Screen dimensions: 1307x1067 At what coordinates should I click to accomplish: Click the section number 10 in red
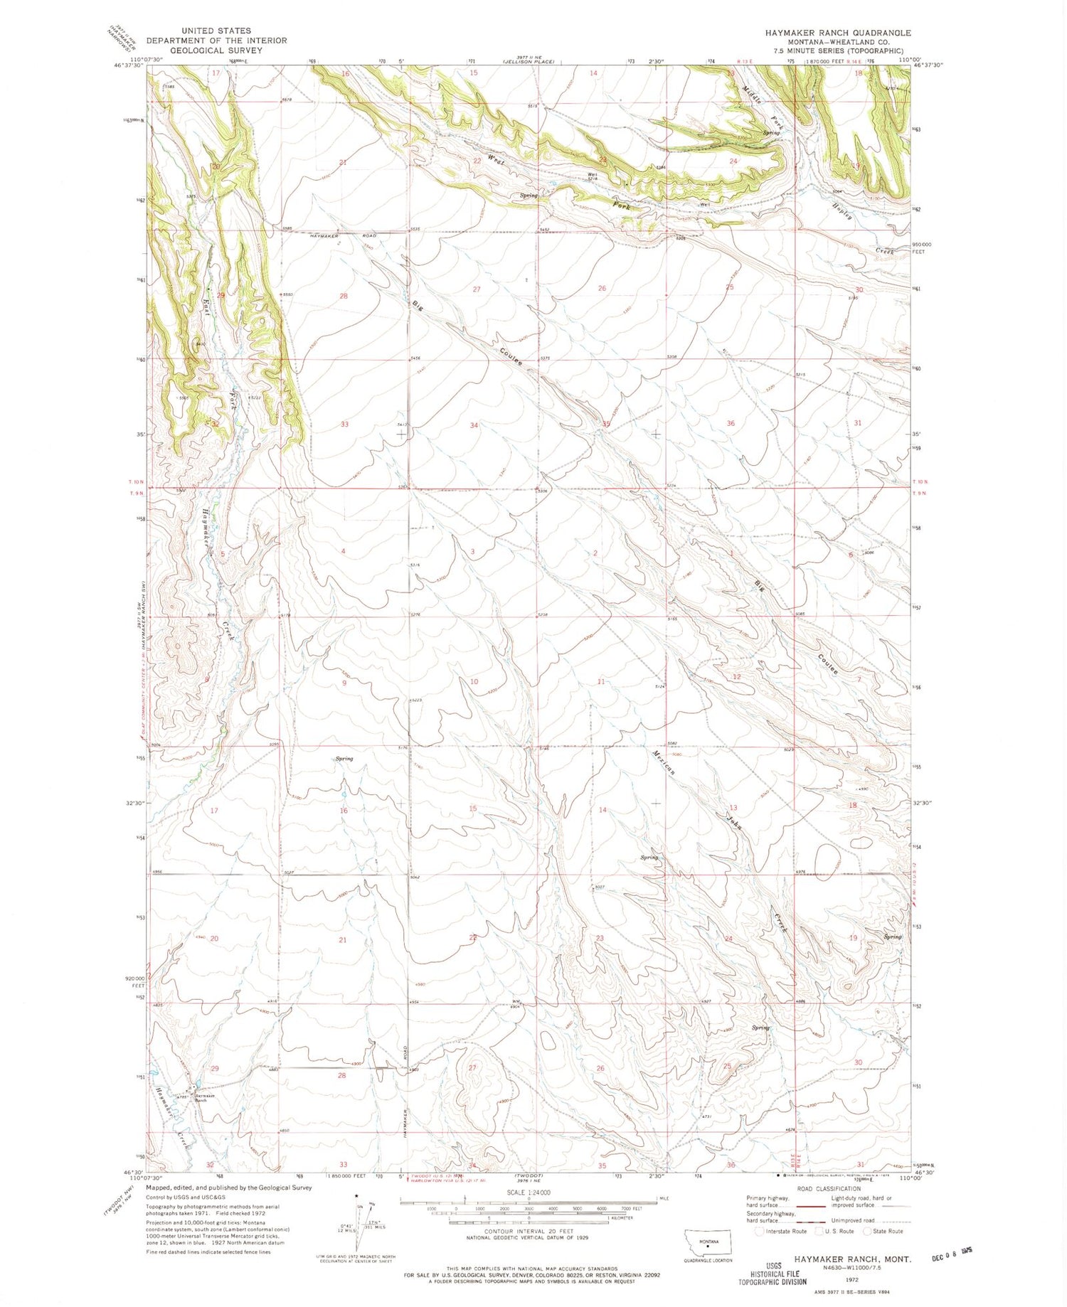click(474, 682)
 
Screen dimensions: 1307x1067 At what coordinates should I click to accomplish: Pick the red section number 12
click(737, 677)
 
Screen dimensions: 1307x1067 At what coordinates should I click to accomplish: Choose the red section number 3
click(472, 553)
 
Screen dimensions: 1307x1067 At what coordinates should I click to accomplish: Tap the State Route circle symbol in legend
click(867, 1231)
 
